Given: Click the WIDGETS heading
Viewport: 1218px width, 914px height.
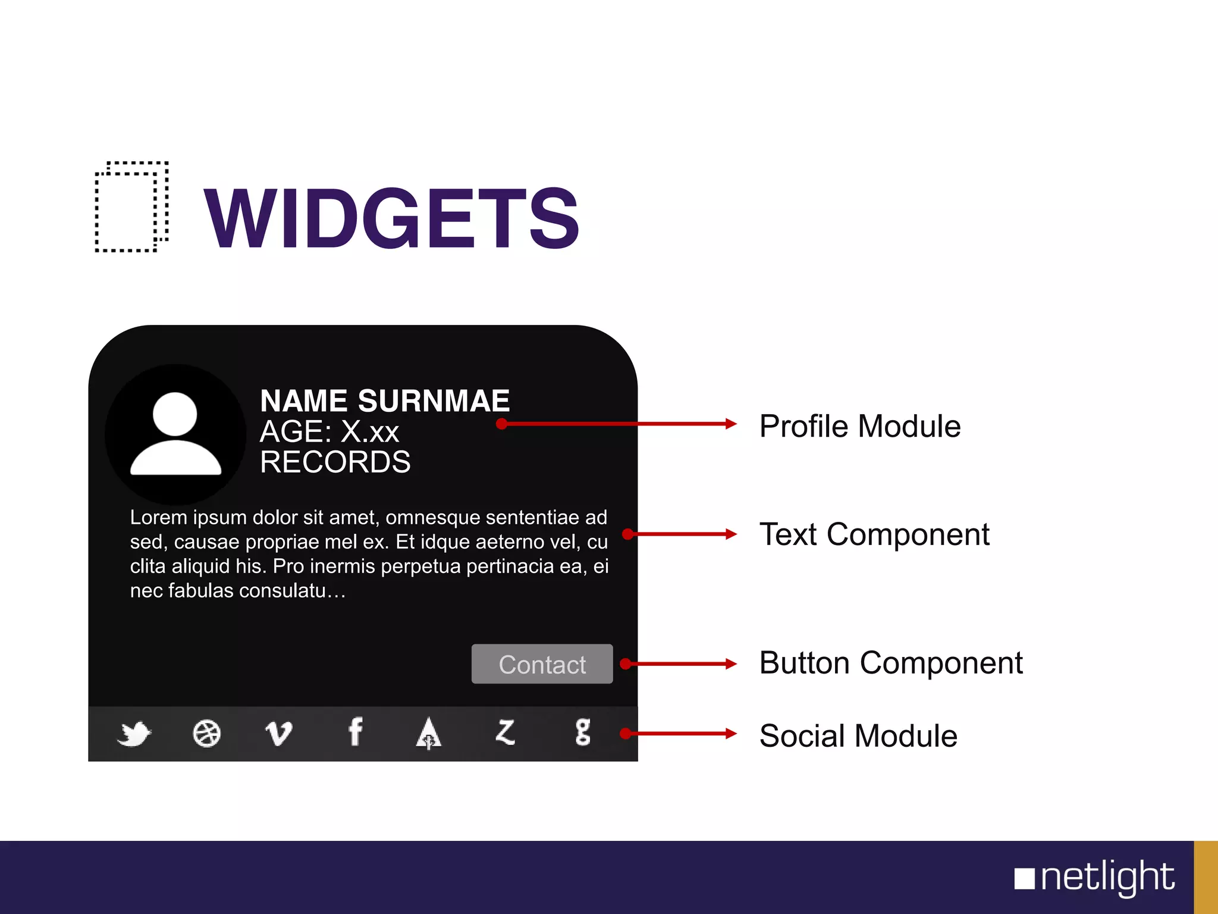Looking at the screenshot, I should point(391,218).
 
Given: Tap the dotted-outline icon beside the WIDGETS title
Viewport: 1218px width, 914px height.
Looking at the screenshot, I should point(132,206).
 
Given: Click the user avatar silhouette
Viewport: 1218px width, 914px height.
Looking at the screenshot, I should point(175,434).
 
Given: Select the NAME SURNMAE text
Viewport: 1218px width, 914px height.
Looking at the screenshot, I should point(385,401).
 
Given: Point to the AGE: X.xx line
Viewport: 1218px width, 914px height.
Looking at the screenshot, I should point(329,431).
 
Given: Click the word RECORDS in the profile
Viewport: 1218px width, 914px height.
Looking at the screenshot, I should point(335,462).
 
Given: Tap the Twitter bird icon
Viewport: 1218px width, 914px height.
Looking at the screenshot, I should point(134,733).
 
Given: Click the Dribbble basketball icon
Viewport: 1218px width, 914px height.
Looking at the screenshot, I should point(206,733).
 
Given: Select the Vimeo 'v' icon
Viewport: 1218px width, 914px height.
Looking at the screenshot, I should point(278,733).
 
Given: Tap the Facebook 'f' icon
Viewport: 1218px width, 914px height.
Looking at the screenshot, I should point(355,732).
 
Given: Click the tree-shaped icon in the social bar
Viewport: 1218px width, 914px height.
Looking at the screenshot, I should point(428,733).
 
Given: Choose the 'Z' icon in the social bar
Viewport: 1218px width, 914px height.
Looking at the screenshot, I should point(506,733).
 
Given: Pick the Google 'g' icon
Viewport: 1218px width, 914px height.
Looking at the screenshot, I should point(583,733).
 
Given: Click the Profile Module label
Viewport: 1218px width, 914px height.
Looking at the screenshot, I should point(860,426).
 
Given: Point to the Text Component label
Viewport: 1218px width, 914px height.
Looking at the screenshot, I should point(874,534).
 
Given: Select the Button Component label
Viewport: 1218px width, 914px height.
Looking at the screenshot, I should point(891,663).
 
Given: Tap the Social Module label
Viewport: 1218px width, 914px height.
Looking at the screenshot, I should point(858,735).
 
